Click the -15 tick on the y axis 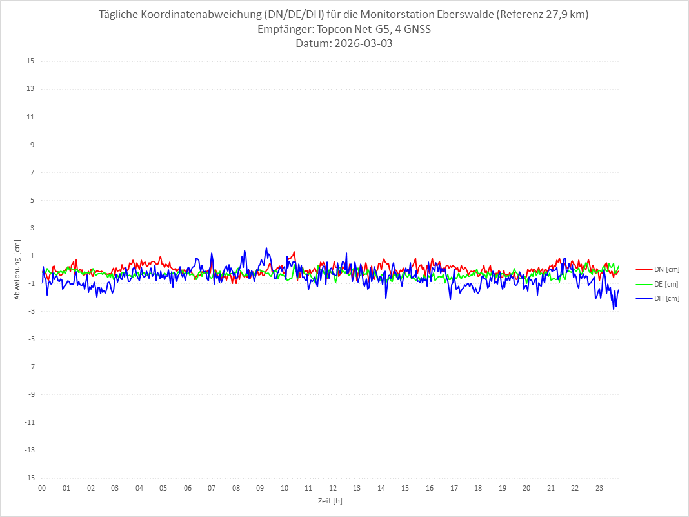coord(30,478)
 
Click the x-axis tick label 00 coord(42,488)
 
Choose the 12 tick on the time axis coord(333,488)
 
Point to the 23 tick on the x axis coord(599,488)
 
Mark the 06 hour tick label coord(187,488)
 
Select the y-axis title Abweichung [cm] coord(17,269)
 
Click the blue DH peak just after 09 coord(266,248)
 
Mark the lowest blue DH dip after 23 coord(614,309)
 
